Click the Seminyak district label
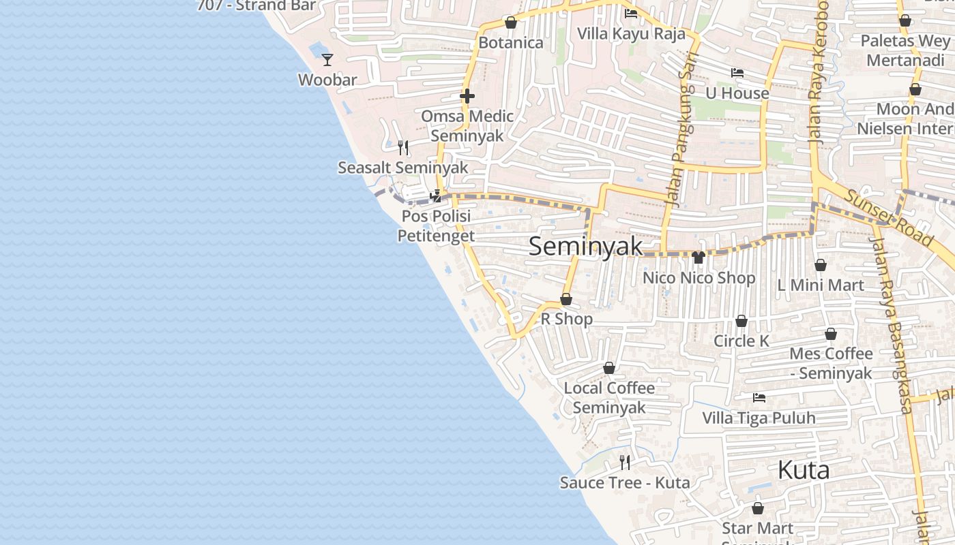pos(585,247)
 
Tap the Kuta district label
pos(804,470)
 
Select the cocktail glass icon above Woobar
pos(327,60)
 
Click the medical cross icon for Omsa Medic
pos(467,96)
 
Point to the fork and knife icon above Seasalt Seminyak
pos(403,147)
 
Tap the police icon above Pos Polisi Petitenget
pos(435,197)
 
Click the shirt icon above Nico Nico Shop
pos(699,258)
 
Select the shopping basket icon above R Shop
pos(566,299)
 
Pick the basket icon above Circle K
pos(741,321)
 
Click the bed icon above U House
pos(737,73)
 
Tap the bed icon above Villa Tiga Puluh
pos(759,398)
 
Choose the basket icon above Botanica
pos(510,23)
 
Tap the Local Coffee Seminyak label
pos(609,397)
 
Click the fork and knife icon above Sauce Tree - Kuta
pos(624,463)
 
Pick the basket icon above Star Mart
pos(757,508)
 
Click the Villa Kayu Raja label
pos(631,33)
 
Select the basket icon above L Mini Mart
pos(821,265)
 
